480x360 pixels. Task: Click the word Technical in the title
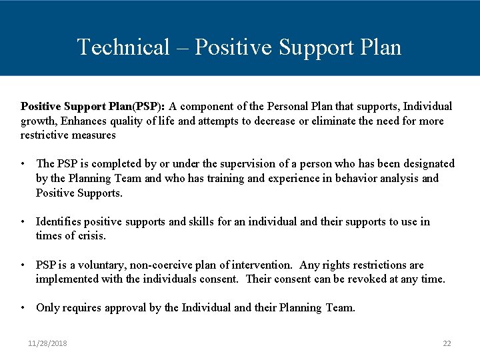pos(123,47)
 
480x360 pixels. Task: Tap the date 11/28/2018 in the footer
pos(47,343)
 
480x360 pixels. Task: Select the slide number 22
pos(447,343)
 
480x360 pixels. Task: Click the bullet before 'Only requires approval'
pos(23,307)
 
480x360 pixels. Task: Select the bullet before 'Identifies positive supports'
pos(23,221)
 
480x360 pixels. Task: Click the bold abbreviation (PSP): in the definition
pos(151,106)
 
